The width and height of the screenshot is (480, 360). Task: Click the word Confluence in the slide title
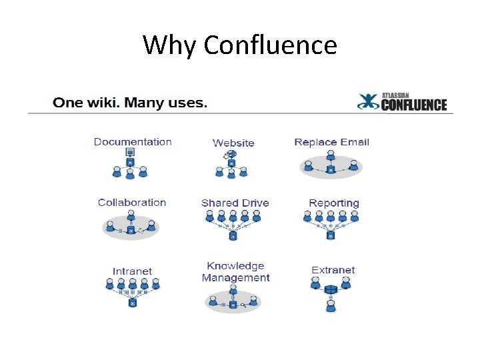[270, 45]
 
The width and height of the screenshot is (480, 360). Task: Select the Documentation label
[133, 141]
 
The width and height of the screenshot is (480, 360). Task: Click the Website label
[233, 143]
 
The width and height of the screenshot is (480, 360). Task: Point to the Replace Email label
[331, 141]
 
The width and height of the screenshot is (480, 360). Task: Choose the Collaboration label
[131, 202]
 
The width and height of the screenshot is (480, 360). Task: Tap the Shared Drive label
[235, 203]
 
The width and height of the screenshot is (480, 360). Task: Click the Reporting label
[334, 203]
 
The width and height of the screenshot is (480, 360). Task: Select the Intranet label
[132, 271]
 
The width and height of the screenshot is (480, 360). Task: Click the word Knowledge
[235, 266]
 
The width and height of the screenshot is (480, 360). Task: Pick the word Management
[235, 277]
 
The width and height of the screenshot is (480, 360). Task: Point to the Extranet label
[333, 270]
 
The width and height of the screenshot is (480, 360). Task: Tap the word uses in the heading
[188, 103]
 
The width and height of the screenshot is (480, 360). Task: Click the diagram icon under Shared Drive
[233, 224]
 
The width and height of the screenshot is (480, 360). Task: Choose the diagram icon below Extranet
[331, 293]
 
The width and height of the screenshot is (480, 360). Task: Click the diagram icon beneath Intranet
[133, 291]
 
